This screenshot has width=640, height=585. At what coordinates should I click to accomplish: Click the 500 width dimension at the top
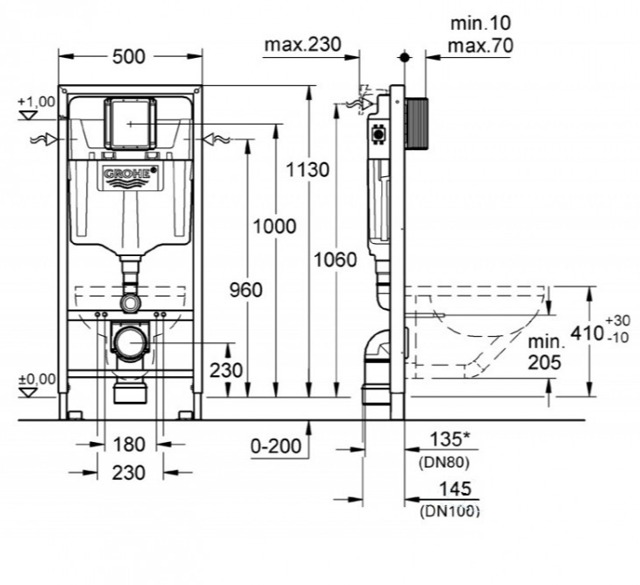pos(128,57)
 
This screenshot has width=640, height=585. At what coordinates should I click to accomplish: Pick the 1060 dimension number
pos(334,260)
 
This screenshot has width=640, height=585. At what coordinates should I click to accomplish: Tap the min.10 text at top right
pos(479,20)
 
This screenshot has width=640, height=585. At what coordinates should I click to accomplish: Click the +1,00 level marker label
pos(35,102)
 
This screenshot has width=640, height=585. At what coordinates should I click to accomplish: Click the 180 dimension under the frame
pos(129,445)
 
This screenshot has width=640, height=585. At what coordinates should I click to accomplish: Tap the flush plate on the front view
pos(131,123)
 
